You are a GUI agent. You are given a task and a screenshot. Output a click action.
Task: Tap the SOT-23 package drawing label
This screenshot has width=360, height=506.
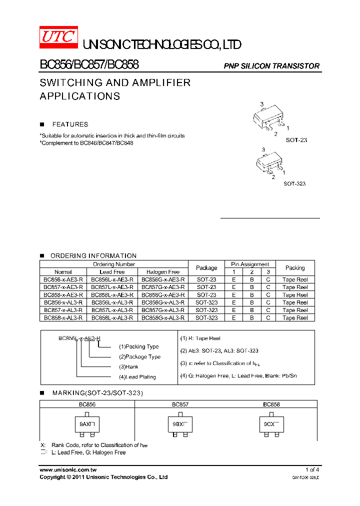[296, 140]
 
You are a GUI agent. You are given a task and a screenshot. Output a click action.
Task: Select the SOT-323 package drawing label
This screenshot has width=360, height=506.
[294, 183]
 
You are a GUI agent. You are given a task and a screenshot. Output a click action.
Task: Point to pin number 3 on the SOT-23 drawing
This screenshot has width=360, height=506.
[261, 104]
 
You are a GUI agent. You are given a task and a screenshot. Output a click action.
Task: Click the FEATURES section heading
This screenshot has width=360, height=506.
[70, 124]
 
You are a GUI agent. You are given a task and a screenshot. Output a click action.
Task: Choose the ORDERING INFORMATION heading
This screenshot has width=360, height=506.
[93, 255]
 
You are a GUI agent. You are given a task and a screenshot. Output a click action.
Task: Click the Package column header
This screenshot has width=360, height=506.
[206, 268]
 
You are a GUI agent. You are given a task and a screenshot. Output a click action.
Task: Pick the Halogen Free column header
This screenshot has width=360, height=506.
[163, 272]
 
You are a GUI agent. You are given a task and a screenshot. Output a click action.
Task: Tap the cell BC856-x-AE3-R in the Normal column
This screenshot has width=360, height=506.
[63, 279]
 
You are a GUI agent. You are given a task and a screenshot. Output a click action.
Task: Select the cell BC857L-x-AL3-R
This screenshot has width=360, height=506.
[112, 310]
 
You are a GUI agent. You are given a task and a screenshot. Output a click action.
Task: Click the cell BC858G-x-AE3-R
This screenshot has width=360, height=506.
[163, 295]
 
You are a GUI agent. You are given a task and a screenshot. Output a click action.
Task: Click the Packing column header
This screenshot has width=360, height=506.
[295, 268]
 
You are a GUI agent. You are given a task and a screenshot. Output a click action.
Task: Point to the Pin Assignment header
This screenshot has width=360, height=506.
[250, 264]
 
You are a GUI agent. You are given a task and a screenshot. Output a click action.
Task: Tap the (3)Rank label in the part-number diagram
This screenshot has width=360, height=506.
[128, 366]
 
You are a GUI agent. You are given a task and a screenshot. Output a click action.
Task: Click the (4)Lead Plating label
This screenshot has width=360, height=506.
[137, 377]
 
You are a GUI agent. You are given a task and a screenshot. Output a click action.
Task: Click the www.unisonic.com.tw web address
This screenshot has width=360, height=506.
[68, 470]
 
